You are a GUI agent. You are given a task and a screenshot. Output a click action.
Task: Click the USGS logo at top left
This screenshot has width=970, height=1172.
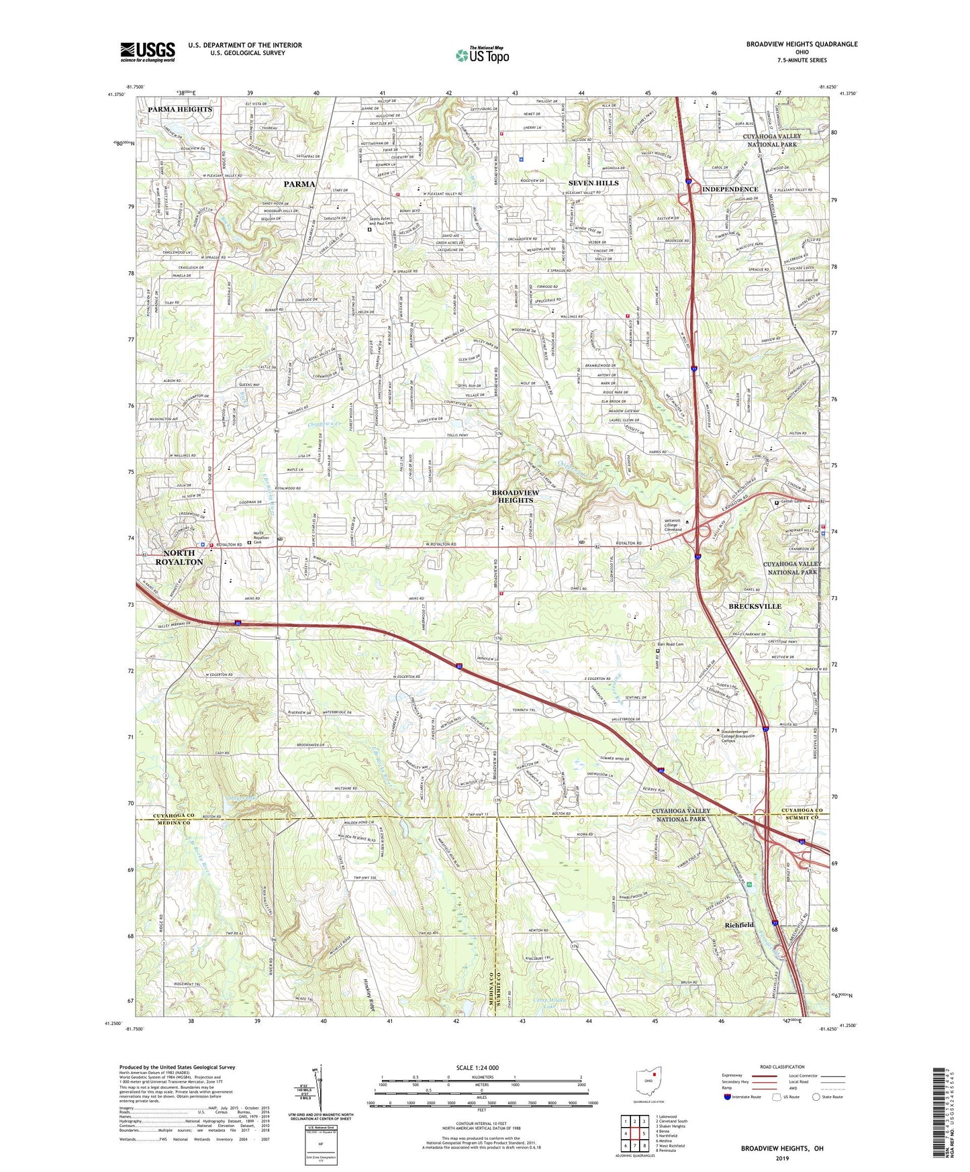(148, 52)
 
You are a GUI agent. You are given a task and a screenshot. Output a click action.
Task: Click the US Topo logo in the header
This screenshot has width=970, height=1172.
(482, 55)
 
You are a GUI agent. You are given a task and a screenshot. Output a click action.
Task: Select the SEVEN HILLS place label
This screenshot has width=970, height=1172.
(593, 183)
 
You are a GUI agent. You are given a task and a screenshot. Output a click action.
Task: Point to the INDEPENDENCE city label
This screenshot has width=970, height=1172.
(730, 189)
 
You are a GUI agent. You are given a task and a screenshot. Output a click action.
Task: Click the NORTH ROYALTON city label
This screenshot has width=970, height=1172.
(179, 557)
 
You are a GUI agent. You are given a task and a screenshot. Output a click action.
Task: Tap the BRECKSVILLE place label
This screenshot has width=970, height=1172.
(755, 606)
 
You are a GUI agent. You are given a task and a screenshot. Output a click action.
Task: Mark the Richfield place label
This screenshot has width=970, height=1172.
(739, 924)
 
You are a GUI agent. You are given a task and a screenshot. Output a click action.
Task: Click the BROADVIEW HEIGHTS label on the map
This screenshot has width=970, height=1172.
(516, 496)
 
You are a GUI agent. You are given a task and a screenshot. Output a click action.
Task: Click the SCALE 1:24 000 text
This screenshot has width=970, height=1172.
(477, 1067)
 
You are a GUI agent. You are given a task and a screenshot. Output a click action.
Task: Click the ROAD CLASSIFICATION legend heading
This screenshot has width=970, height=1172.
(782, 1067)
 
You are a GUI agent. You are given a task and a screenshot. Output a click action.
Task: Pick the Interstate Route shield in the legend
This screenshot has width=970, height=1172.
(728, 1097)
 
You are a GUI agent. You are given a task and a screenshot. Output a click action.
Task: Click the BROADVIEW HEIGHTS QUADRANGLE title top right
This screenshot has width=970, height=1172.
(802, 44)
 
